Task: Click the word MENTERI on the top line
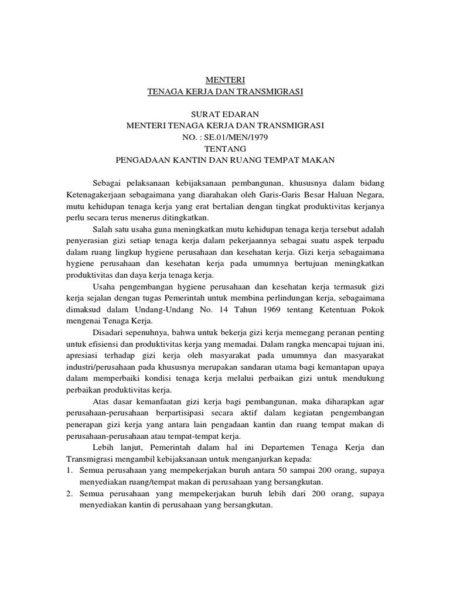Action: [x=225, y=80]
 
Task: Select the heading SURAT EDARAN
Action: [x=225, y=114]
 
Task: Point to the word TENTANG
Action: [x=225, y=149]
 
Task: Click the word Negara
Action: [x=370, y=195]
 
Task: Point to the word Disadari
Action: [x=110, y=332]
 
